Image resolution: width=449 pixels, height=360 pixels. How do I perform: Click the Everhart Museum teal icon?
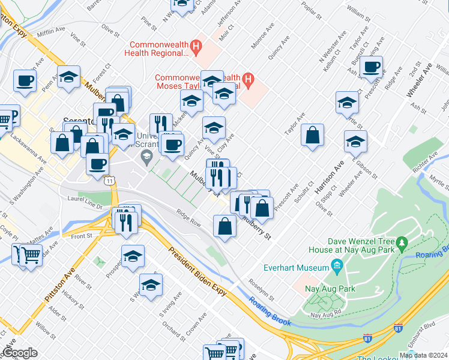tap(336, 265)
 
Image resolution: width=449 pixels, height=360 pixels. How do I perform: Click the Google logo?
tap(19, 352)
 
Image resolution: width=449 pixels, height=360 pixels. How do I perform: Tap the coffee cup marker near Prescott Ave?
tap(372, 67)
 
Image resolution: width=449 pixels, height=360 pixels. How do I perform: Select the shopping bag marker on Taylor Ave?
tap(313, 134)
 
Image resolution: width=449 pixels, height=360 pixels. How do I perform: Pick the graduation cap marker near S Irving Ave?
tap(151, 284)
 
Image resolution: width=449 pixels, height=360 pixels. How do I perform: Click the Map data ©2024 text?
tap(423, 355)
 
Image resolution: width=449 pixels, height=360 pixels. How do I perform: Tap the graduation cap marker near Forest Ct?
tap(69, 77)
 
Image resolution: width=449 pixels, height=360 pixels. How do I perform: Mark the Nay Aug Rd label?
tap(325, 314)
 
